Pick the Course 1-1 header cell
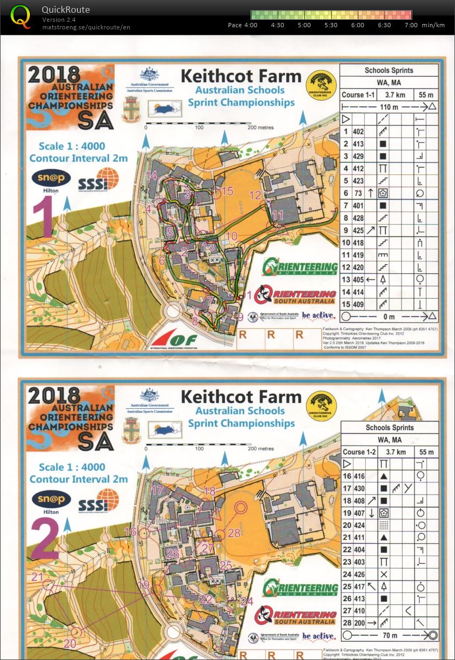click(358, 94)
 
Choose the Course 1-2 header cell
click(359, 452)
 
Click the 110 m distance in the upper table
click(389, 107)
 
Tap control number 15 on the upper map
click(228, 190)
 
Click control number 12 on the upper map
click(255, 195)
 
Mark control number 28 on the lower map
click(234, 532)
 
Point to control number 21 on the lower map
click(37, 577)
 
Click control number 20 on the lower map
click(70, 629)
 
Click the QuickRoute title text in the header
click(66, 10)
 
